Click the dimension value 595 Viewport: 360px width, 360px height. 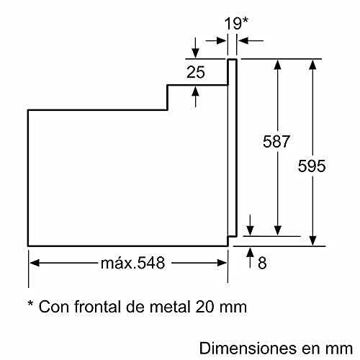[311, 166]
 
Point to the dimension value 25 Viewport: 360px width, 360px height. [195, 71]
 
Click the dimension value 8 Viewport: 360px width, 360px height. [261, 264]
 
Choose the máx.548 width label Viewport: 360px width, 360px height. [132, 264]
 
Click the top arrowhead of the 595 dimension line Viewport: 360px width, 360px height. [312, 64]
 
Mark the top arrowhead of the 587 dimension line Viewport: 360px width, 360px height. [277, 64]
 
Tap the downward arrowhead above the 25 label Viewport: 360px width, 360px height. [195, 53]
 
